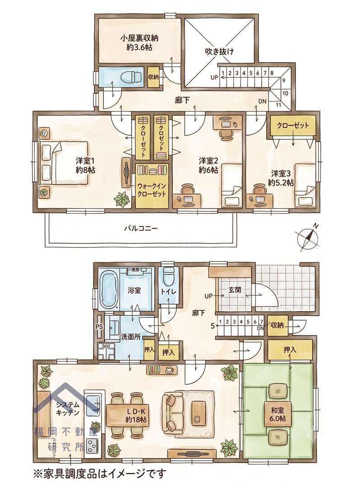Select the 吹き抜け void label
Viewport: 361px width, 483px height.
tap(219, 51)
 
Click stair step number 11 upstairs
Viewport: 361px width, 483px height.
tap(278, 105)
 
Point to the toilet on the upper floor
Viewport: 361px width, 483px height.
tap(131, 76)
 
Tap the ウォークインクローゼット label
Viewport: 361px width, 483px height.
tap(152, 190)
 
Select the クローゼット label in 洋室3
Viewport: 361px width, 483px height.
tap(293, 126)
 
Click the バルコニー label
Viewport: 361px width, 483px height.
tap(141, 228)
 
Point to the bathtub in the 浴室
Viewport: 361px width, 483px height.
tap(109, 287)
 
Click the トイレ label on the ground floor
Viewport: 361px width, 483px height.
tap(168, 291)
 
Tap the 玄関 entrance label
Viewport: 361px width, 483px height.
tap(235, 290)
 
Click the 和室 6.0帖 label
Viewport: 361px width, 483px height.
tap(278, 414)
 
